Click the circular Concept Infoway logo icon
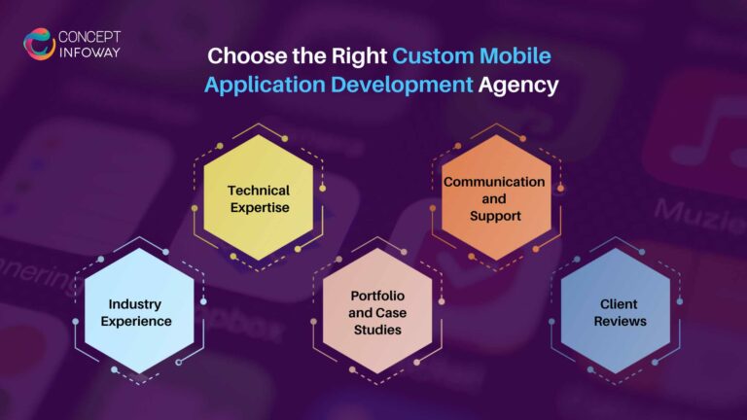40,45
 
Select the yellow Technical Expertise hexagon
259,197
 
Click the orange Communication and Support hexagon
494,197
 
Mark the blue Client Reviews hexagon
616,311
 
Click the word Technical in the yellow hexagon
259,190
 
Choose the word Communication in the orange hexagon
494,182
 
